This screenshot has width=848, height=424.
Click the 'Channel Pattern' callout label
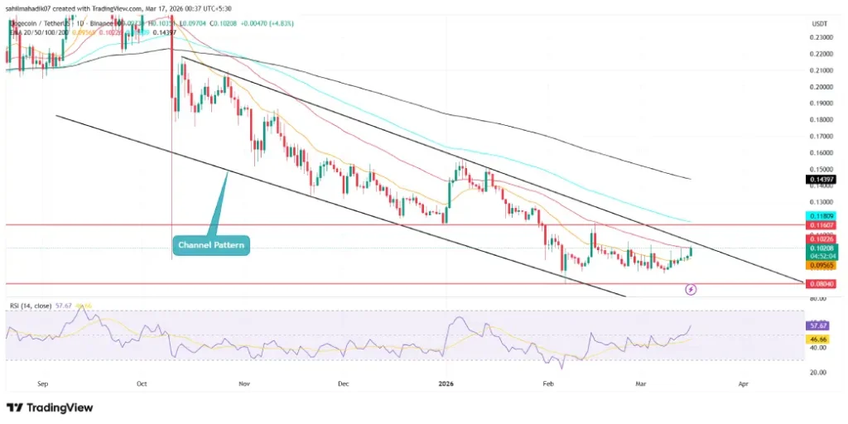click(212, 244)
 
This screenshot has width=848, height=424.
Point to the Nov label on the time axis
click(243, 384)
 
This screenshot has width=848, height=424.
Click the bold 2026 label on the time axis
click(446, 384)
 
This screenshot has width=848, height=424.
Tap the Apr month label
click(743, 384)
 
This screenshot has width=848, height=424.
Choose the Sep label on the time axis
click(44, 384)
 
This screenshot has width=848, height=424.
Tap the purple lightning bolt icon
click(691, 289)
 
